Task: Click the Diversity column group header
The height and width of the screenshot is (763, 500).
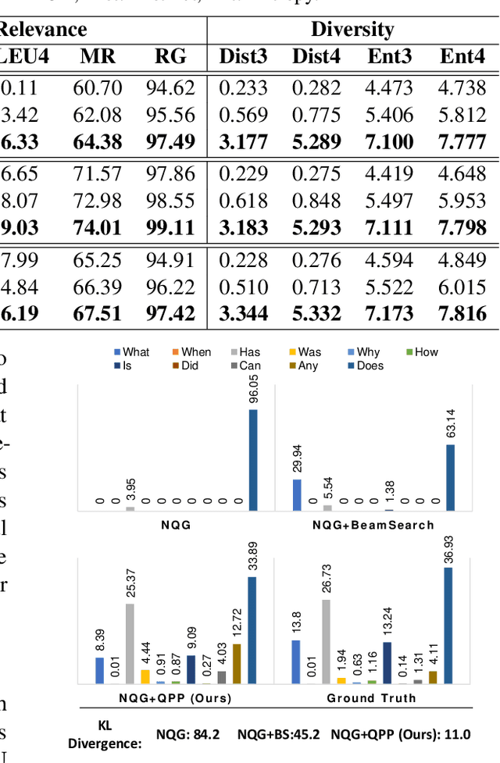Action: tap(352, 30)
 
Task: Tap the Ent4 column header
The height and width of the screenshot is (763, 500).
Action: tap(462, 56)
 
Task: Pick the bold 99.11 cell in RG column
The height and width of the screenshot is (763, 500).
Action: tap(170, 228)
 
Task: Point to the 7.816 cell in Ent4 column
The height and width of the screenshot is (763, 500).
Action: tap(462, 313)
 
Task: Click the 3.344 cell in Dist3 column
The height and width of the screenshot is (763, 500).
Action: tap(242, 313)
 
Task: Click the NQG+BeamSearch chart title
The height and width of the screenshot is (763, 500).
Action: tap(373, 525)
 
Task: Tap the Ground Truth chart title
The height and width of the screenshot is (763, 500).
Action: tap(371, 697)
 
